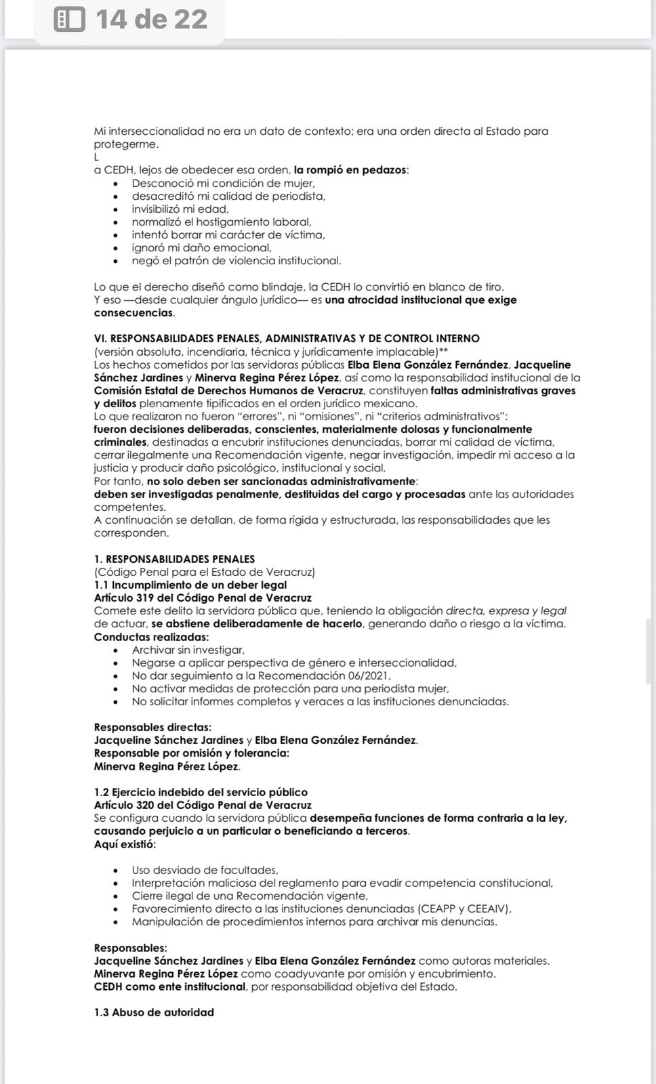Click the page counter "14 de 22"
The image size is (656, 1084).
click(x=151, y=19)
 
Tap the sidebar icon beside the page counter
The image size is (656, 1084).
click(x=70, y=19)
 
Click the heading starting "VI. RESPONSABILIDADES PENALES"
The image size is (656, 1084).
click(x=287, y=339)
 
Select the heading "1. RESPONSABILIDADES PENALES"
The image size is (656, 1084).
click(x=174, y=559)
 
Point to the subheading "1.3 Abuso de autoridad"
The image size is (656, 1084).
click(x=154, y=1012)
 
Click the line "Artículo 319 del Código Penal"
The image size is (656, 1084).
click(x=203, y=598)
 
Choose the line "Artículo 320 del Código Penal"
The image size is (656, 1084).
click(x=203, y=805)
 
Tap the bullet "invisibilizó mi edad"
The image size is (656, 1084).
click(x=180, y=209)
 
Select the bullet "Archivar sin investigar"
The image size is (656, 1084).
click(x=188, y=650)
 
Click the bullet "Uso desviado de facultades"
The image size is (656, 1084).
click(x=205, y=870)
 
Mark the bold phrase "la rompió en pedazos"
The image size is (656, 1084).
click(x=350, y=170)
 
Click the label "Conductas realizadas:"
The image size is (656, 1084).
click(x=151, y=637)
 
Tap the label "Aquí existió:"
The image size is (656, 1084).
click(x=125, y=844)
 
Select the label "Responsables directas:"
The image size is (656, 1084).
click(x=152, y=727)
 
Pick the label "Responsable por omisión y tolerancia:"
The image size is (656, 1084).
click(x=191, y=753)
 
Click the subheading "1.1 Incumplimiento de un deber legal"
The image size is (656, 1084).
click(x=190, y=585)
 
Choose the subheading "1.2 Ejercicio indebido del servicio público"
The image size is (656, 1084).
click(x=201, y=792)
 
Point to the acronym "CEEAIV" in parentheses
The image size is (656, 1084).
click(x=486, y=909)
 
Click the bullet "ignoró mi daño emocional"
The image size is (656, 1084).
click(x=201, y=248)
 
